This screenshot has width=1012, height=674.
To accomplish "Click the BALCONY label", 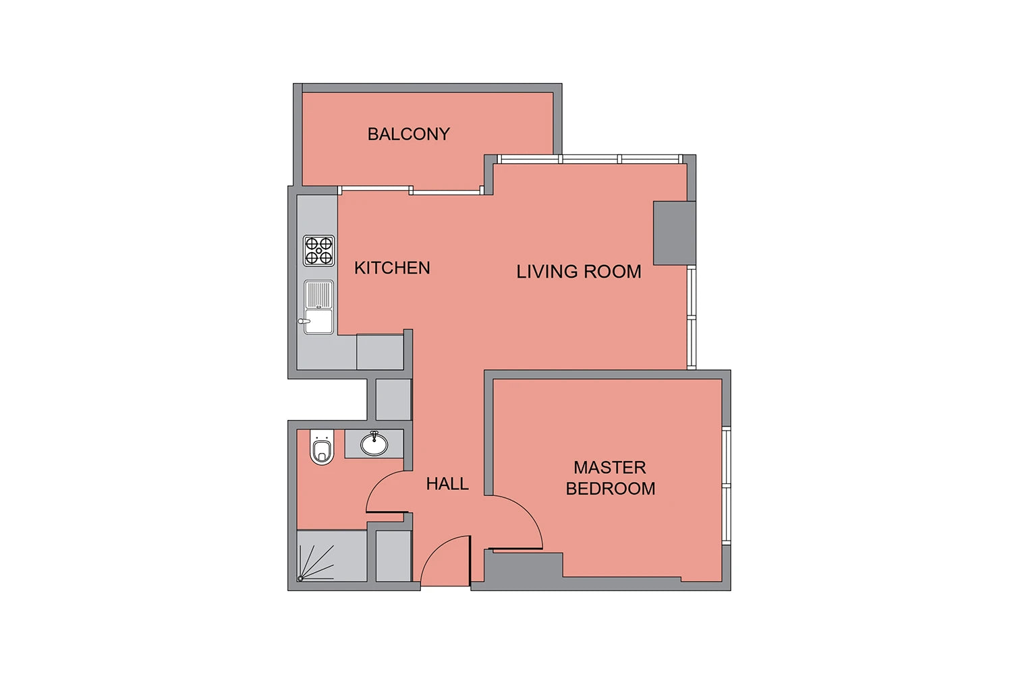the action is coord(408,134).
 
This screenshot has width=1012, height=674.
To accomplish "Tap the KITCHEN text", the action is coord(392,268).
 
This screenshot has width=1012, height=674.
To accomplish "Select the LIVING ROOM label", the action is coord(579,272).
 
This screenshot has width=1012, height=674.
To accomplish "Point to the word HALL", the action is coord(447,484).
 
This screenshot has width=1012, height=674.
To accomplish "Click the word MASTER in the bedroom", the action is coord(610,468).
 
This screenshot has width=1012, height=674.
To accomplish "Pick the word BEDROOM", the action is coord(611,489).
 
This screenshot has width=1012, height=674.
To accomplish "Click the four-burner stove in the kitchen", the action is coord(318,251).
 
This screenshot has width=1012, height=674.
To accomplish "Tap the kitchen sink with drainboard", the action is coord(318,307).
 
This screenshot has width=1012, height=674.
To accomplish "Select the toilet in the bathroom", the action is coord(322,447).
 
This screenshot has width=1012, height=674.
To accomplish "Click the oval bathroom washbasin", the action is coord(374,443).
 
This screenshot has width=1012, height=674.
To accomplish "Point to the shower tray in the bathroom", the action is coord(332,556).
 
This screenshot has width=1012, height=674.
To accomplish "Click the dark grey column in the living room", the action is coord(674,233).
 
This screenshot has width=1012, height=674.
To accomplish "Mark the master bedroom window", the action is coord(727,485).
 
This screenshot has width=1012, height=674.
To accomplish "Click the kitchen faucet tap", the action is coord(304,321).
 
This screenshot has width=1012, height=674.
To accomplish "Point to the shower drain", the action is coord(300,578).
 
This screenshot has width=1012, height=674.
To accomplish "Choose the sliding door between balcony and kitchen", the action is coord(411,191).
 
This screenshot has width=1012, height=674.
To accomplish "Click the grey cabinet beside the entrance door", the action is coord(393,556).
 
